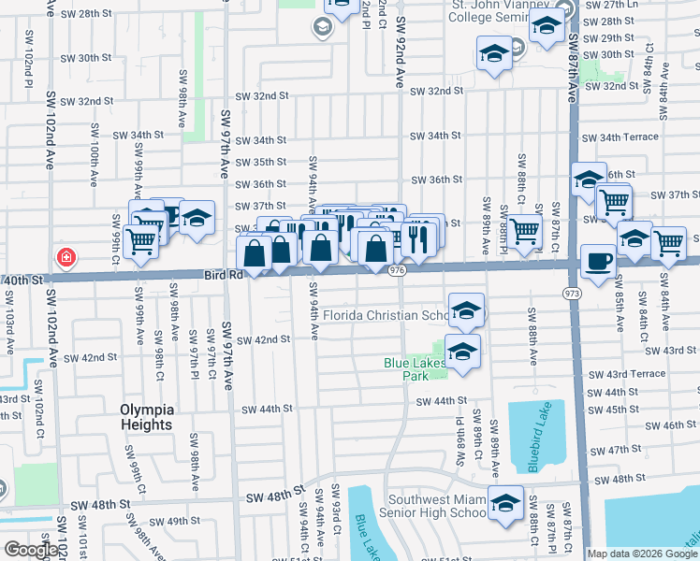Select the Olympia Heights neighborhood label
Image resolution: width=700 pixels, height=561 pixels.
147,417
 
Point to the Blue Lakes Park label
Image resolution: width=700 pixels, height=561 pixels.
413,368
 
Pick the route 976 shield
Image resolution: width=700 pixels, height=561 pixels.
397,270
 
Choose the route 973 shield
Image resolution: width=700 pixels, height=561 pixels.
571,294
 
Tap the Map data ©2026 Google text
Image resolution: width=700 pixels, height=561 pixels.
642,554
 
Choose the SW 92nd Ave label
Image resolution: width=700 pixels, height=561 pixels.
401,56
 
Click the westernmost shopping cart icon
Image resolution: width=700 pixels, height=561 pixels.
140,240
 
